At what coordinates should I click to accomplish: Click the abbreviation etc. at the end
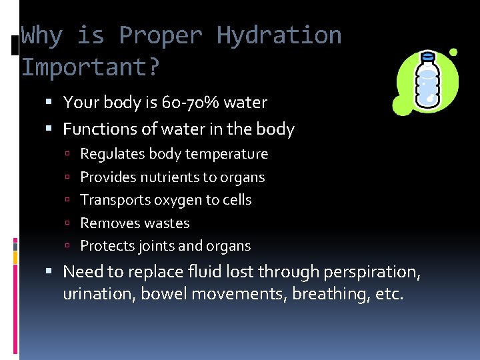(389, 295)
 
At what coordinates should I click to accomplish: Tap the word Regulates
(107, 154)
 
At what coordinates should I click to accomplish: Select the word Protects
(107, 246)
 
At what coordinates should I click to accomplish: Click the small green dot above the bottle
(453, 52)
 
